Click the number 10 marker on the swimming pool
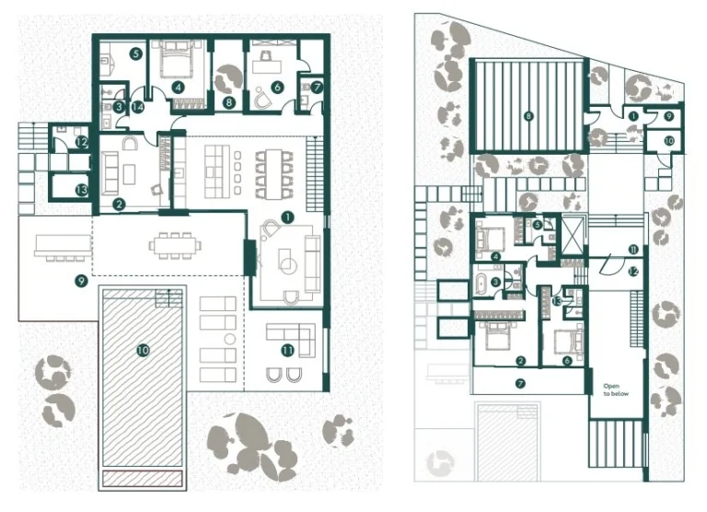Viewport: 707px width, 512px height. (x=143, y=350)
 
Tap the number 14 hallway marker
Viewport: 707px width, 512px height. (x=138, y=107)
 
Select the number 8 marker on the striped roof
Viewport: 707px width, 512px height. (x=527, y=116)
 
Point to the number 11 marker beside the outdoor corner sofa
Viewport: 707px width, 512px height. (x=287, y=349)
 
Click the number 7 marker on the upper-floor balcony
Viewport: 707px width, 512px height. (x=520, y=382)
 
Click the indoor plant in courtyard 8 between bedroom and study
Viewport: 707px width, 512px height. (x=226, y=81)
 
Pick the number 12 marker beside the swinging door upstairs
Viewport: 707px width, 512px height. (x=633, y=271)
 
